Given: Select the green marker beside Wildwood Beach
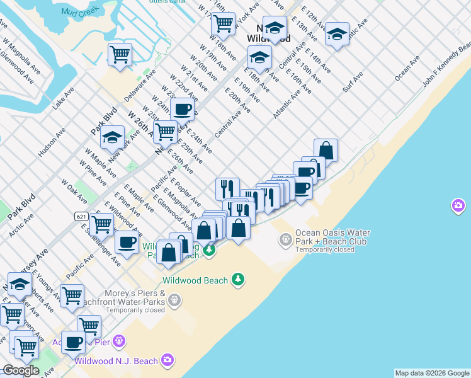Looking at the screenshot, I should tap(238, 278).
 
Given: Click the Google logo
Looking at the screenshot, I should tap(21, 370).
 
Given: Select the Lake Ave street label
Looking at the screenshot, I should tap(63, 100).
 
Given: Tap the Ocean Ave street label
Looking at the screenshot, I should tap(407, 69).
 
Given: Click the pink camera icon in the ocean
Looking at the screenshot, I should tap(458, 205).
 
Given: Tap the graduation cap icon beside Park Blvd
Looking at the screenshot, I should tap(112, 139).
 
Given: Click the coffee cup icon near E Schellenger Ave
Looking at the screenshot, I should tap(127, 242).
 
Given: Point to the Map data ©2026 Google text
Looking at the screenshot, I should tap(432, 373).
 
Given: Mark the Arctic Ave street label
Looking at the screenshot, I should tap(21, 224).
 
